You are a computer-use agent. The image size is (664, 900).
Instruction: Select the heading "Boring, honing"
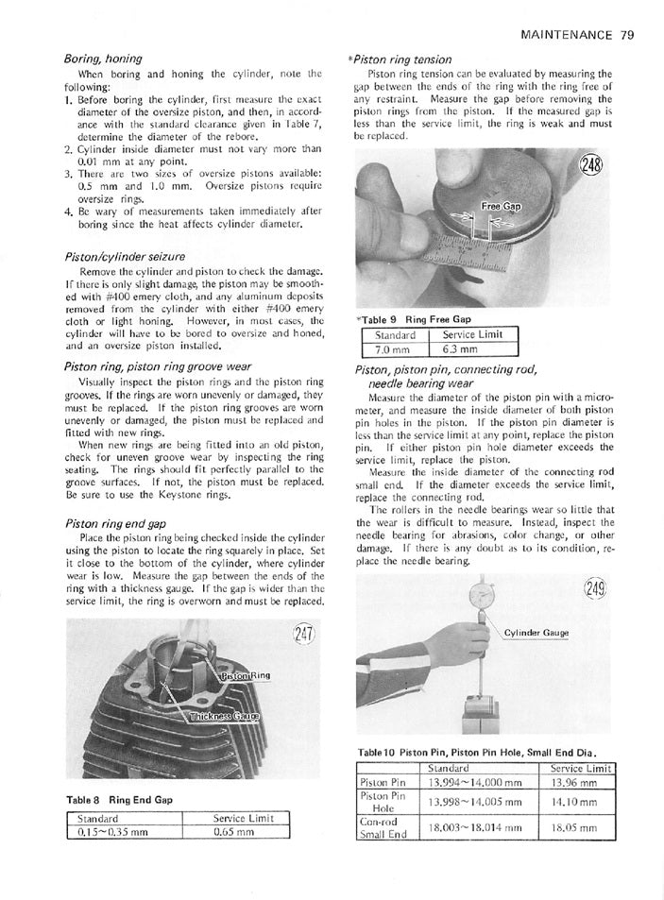pos(103,59)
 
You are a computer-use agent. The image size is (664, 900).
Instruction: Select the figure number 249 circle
pos(593,590)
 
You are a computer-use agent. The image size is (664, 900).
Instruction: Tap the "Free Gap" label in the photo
pos(501,205)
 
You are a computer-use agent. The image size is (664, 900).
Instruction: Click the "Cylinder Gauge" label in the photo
pos(536,633)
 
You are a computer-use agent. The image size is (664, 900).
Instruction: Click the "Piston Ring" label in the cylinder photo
pos(245,677)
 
